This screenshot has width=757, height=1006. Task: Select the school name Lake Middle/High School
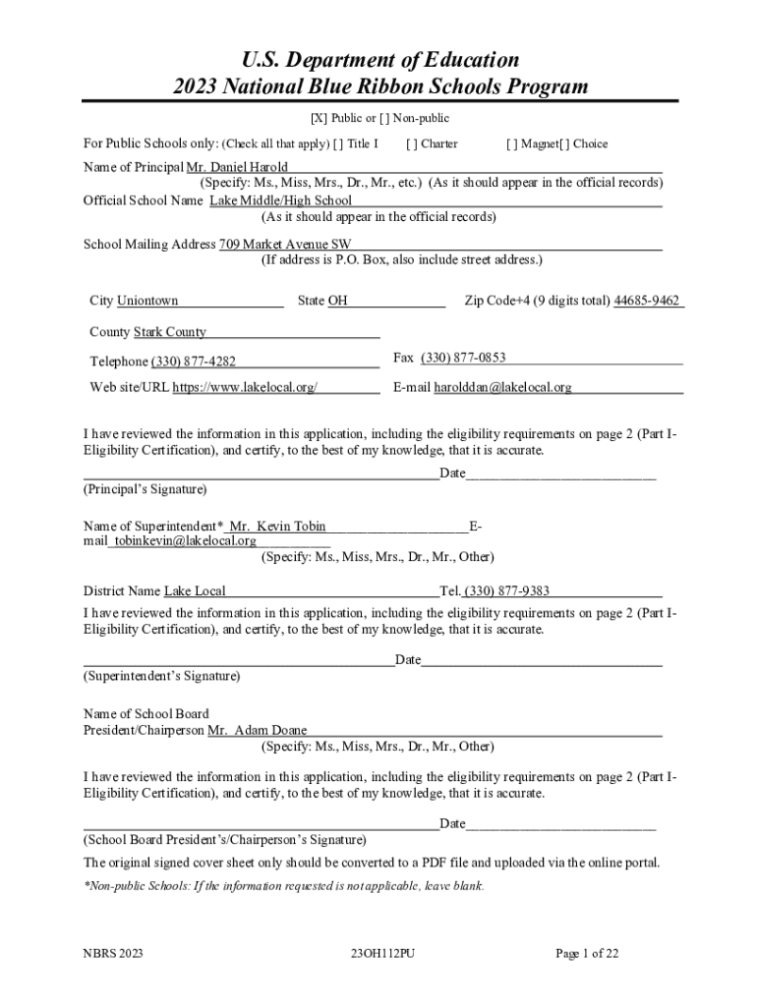click(280, 200)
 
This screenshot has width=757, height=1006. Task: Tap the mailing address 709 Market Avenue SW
click(285, 244)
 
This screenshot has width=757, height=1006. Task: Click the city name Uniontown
click(147, 301)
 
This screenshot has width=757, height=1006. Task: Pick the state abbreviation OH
click(337, 301)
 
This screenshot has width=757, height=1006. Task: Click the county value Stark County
click(170, 332)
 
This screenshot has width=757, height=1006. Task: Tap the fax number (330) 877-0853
click(463, 358)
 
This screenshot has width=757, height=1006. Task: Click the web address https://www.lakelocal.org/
click(245, 387)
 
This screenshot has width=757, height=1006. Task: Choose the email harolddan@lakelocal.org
click(502, 387)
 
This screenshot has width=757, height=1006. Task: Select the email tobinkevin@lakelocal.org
click(185, 540)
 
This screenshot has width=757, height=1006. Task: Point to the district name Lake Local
click(195, 590)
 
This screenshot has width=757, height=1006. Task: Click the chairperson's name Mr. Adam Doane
click(258, 730)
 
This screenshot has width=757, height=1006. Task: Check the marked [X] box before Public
click(319, 119)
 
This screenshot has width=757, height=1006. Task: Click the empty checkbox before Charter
click(412, 144)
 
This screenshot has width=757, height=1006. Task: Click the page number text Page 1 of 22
click(587, 953)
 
